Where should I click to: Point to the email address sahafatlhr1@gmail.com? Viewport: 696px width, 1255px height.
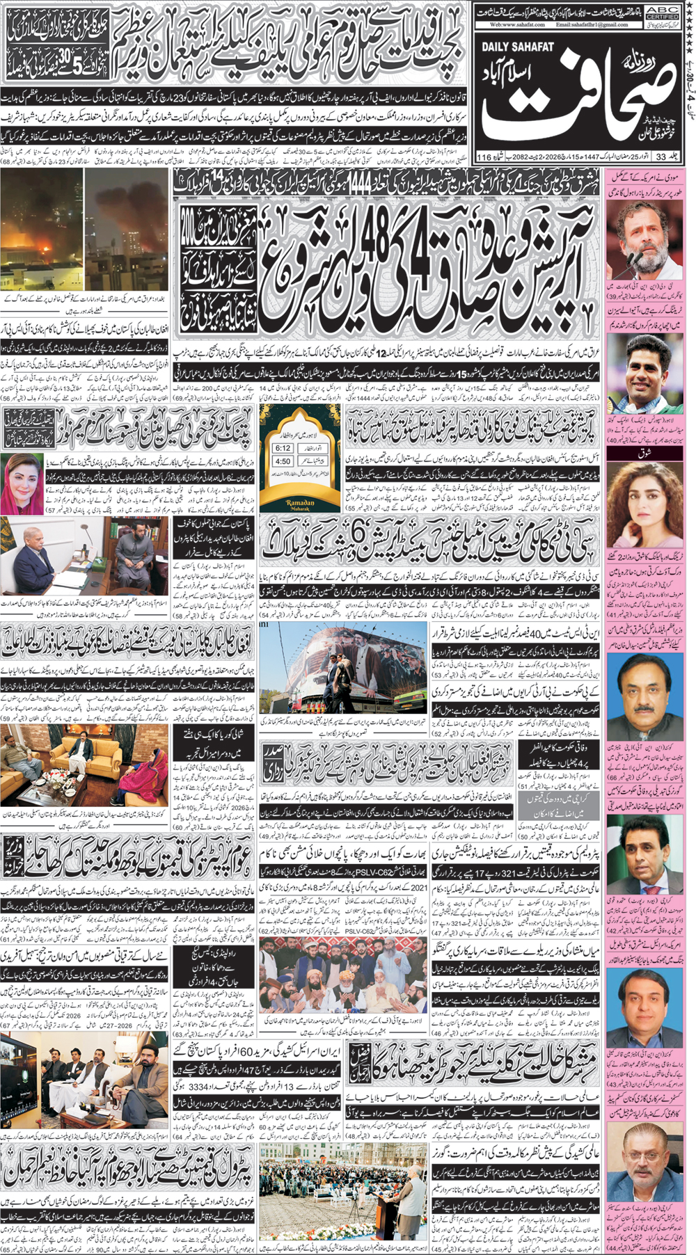tap(592, 24)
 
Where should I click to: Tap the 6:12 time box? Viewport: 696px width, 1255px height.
tap(283, 448)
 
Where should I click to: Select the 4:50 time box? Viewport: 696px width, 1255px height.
tap(283, 461)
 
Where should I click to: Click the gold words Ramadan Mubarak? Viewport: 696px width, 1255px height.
tap(301, 503)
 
